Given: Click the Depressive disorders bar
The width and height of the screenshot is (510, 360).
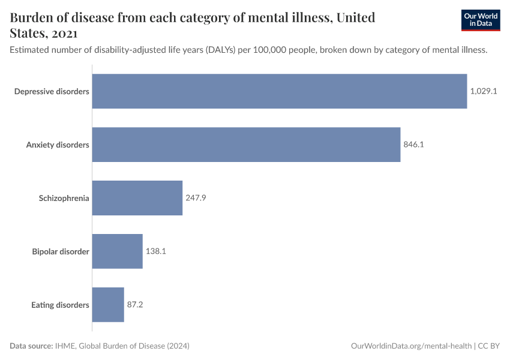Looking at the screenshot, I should pos(280,91).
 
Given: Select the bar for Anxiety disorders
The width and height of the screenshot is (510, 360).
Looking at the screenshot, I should pos(246,145).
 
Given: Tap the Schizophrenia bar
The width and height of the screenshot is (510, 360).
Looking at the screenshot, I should pos(137,198).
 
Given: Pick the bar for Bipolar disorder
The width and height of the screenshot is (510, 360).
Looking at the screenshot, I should pos(118,251).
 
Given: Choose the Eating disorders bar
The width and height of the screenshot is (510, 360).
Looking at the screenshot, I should pos(108,305).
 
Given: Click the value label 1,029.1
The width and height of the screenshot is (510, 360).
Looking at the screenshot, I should pos(484,91).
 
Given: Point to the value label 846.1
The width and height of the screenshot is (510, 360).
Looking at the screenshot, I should pos(414,145).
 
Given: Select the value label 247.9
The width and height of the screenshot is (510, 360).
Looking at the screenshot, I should pos(196,198).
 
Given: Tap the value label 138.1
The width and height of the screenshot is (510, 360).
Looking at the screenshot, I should pos(155,251).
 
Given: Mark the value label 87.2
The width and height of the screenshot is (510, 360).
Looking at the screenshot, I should pos(135,305).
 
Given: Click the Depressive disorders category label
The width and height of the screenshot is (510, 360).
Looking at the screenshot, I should pos(52,91).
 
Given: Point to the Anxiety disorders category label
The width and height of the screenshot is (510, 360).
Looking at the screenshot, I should pos(58,145).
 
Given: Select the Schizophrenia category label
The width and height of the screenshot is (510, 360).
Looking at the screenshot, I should pos(64,198).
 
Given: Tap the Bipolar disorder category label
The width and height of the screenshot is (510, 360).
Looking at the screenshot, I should pos(61,251).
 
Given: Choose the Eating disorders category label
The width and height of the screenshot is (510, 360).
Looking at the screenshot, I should pos(60,305).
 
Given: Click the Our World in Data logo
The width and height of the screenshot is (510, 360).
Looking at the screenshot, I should pos(480,20).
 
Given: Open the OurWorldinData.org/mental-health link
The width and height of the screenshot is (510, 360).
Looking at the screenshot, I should pos(411,346).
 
